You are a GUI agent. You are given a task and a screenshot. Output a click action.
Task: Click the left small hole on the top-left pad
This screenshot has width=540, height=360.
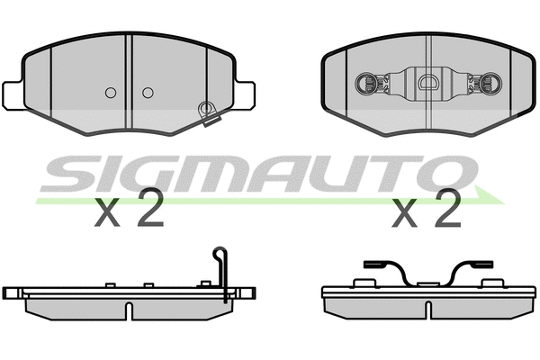click(111, 92)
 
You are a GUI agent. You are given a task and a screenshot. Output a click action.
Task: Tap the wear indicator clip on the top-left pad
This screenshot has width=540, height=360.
click(208, 112)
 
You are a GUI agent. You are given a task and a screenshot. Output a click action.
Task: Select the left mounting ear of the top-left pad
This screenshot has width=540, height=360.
click(13, 93)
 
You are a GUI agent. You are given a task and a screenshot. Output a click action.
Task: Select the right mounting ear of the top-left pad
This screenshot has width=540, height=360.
click(244, 93)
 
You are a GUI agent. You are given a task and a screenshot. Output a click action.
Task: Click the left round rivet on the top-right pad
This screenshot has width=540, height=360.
click(368, 85)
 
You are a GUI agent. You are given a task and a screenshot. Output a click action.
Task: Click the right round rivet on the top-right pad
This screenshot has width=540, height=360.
click(491, 85)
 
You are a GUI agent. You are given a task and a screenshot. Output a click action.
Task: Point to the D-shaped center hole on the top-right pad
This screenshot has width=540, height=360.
click(429, 85)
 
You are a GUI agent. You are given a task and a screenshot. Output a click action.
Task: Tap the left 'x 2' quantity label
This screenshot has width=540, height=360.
click(129, 212)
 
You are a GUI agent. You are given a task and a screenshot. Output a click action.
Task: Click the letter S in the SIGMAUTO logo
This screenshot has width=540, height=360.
click(72, 173)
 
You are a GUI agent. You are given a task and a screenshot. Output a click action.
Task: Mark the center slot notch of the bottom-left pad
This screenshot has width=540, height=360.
click(131, 310)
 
